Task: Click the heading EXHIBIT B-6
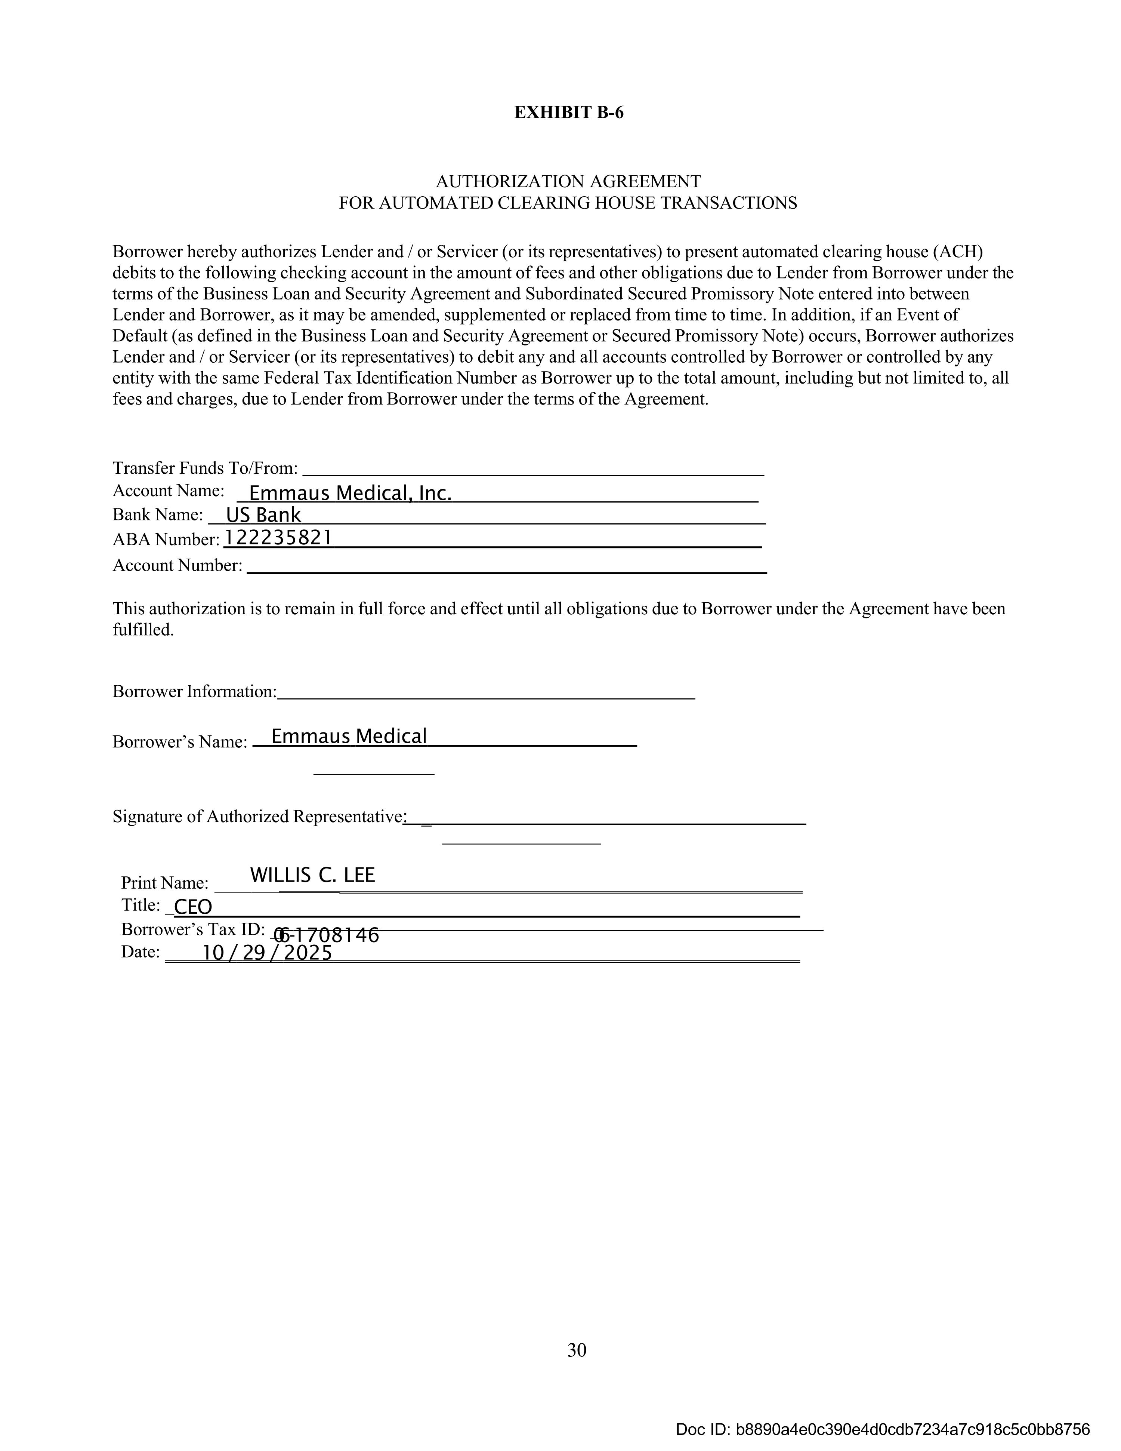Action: point(568,113)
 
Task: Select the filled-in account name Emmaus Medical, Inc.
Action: point(350,493)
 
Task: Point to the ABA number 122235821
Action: point(278,538)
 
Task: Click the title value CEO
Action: point(192,907)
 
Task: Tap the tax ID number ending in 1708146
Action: point(327,935)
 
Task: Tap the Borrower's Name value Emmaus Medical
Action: point(349,736)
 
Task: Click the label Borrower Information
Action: point(195,692)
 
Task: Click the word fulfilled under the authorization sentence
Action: point(143,630)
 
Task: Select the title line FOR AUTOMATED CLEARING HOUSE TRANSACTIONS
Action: point(568,203)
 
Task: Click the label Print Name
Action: point(165,883)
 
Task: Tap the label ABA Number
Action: point(166,539)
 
